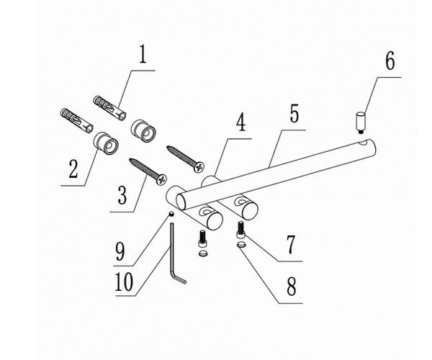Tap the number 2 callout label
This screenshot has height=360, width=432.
(73, 171)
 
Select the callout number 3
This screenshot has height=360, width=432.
(122, 195)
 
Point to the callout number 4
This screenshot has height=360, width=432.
(240, 122)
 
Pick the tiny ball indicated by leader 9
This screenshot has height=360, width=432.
(172, 215)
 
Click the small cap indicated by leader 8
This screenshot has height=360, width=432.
(241, 247)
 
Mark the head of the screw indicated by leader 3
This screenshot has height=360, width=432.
(163, 179)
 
